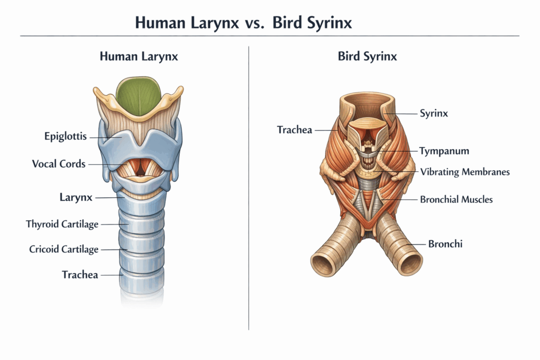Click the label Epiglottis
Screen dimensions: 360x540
click(65, 137)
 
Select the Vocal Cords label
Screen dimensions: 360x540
click(59, 164)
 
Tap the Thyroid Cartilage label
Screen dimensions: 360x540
click(62, 224)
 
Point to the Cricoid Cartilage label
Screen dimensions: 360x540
click(64, 249)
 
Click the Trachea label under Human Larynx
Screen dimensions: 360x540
click(80, 275)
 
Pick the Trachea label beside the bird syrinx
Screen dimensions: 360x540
click(295, 130)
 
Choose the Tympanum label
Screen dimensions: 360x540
click(444, 151)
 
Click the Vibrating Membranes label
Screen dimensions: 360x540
click(465, 172)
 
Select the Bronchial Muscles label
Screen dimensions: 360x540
click(456, 199)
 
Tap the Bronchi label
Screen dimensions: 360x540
click(446, 244)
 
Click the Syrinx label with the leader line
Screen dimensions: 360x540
click(433, 113)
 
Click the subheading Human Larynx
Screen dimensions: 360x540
click(139, 56)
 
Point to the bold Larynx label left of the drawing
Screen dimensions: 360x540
click(76, 198)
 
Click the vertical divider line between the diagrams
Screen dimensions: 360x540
click(248, 184)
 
